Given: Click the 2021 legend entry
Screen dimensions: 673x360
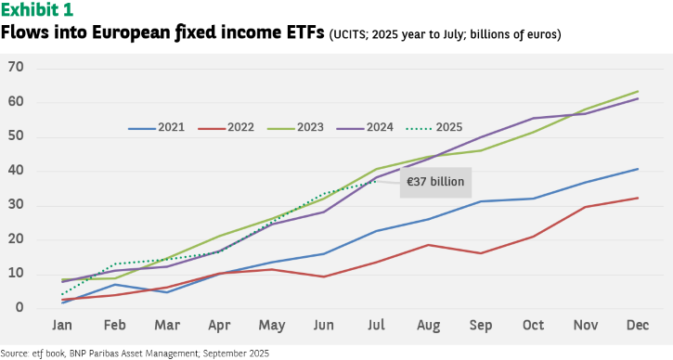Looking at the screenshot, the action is [x=156, y=127].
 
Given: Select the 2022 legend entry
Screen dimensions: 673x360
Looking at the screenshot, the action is [x=226, y=127].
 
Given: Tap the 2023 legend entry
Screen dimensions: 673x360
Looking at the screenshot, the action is [x=295, y=127].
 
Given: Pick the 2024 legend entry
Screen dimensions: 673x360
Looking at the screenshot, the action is [x=365, y=127].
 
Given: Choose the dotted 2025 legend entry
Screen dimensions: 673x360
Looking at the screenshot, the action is [x=434, y=127].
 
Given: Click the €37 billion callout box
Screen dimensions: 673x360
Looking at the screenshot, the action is [x=435, y=183].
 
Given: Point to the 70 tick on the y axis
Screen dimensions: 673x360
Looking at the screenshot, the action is [x=16, y=68].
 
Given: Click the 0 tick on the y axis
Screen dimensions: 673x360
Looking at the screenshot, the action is [x=19, y=307].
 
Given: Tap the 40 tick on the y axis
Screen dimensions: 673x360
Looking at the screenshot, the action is [x=16, y=171].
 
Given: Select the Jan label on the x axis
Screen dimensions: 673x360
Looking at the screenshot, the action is [x=62, y=326].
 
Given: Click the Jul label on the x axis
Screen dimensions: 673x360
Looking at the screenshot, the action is [x=376, y=326].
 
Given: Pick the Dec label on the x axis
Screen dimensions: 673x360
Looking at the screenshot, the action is [x=638, y=326].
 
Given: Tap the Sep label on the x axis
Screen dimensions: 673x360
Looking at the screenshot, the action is [x=481, y=326].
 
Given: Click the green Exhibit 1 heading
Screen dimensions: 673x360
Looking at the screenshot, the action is [x=37, y=10].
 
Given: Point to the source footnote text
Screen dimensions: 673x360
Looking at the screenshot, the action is [x=135, y=354].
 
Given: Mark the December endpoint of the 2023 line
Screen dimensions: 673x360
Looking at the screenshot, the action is [x=638, y=92].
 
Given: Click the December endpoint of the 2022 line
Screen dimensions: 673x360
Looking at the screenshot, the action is [x=638, y=198].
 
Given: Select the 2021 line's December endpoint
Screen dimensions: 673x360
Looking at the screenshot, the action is [x=638, y=169].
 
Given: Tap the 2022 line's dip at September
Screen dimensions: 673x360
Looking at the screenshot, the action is [x=481, y=253].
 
